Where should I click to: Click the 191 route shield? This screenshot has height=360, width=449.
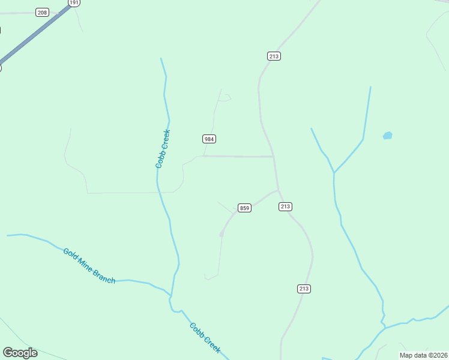coord(74,2)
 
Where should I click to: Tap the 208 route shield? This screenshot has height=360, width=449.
coord(42,13)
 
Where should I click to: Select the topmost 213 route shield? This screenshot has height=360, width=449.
coord(274,56)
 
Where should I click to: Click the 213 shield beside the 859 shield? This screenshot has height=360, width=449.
coord(285,206)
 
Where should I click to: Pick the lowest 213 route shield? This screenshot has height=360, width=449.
coord(304,289)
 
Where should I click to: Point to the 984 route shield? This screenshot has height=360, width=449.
coord(209,139)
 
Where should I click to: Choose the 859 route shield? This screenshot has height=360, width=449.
coord(244,208)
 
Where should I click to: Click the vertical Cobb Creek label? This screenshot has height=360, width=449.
coord(163,148)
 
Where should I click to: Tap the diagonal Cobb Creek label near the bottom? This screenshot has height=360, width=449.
coord(205,338)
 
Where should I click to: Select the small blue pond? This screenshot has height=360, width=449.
coord(388,136)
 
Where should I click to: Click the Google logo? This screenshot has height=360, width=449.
coord(20,353)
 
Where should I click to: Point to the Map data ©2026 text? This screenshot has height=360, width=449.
coord(424,355)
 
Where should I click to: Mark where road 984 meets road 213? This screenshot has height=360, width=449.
coord(274,157)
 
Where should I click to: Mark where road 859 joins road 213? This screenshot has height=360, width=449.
coord(279,190)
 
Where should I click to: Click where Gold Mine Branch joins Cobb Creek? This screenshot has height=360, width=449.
coord(171,296)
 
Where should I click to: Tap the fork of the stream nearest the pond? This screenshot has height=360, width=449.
coord(334,173)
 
